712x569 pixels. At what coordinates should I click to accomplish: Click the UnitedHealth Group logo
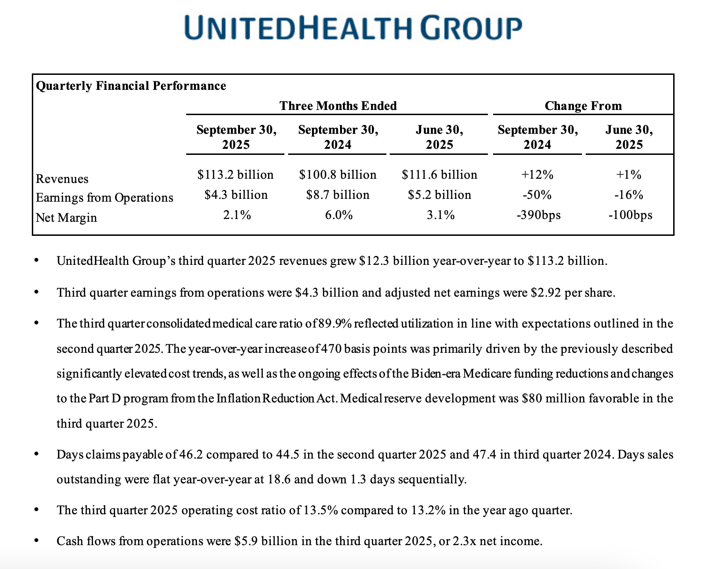pyautogui.click(x=353, y=28)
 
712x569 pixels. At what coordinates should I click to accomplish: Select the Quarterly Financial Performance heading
pyautogui.click(x=131, y=86)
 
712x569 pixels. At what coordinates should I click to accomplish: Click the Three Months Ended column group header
pyautogui.click(x=338, y=106)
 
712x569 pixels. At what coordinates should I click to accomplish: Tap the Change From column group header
pyautogui.click(x=583, y=106)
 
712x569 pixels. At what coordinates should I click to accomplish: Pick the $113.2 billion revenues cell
pyautogui.click(x=235, y=175)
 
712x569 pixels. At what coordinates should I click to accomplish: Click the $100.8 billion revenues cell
pyautogui.click(x=337, y=175)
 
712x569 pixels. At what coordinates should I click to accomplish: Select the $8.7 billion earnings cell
pyautogui.click(x=337, y=195)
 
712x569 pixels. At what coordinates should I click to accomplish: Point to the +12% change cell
pyautogui.click(x=537, y=175)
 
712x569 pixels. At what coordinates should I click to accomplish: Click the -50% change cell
pyautogui.click(x=537, y=195)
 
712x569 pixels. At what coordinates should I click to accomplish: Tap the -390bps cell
pyautogui.click(x=538, y=215)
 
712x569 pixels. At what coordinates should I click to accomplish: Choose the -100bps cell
pyautogui.click(x=630, y=215)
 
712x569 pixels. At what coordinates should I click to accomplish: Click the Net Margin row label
pyautogui.click(x=66, y=218)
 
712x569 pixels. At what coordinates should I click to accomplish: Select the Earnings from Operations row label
pyautogui.click(x=104, y=197)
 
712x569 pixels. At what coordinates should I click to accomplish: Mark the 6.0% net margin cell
pyautogui.click(x=337, y=215)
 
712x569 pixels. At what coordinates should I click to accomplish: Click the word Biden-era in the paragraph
pyautogui.click(x=436, y=374)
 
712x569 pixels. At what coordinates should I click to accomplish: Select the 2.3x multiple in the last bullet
pyautogui.click(x=462, y=541)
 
